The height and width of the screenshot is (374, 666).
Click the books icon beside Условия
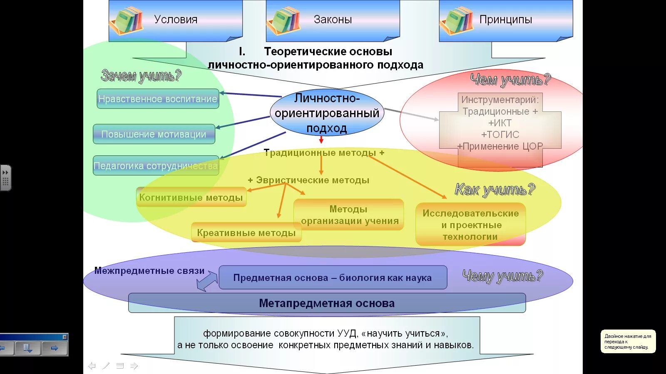(127, 20)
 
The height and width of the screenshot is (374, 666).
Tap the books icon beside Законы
(284, 20)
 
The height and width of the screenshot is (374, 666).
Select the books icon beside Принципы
(457, 20)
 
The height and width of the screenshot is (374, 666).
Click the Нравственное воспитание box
(158, 99)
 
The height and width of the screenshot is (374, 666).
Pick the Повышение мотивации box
(154, 134)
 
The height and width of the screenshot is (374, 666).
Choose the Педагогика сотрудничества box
(156, 166)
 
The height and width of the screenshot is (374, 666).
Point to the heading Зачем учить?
(141, 76)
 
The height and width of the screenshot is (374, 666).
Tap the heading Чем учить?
(510, 79)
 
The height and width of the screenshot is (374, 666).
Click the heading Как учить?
(495, 189)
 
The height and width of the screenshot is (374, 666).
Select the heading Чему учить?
(502, 276)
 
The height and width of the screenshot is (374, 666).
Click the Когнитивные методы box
(191, 197)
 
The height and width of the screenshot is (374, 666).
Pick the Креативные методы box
(246, 233)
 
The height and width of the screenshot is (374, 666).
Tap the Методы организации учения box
(349, 215)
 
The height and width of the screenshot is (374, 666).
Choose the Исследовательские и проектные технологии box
(470, 225)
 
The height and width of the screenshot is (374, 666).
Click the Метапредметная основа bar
(327, 303)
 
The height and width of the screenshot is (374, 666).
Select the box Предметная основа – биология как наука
(333, 278)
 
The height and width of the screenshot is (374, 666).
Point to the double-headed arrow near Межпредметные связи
(207, 281)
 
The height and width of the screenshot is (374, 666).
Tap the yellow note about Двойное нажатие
(628, 342)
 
